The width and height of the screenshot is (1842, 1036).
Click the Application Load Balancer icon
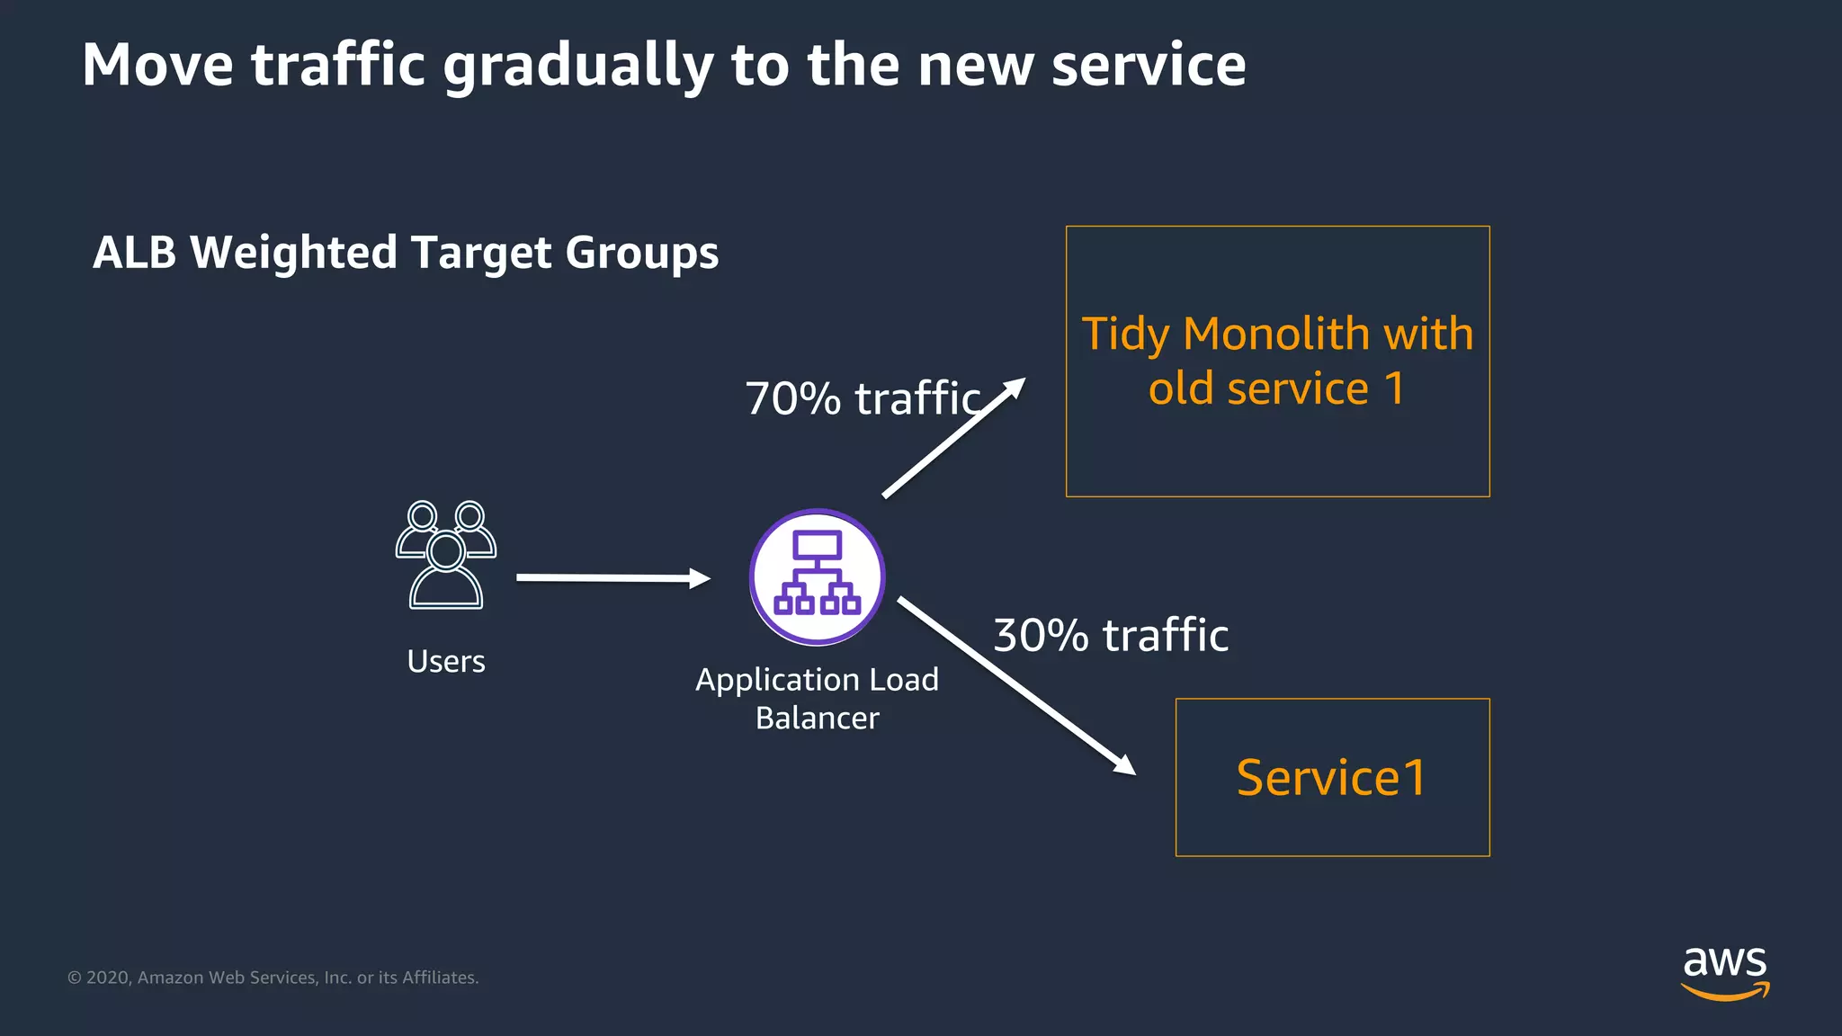point(818,576)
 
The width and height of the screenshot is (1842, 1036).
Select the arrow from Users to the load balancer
point(612,577)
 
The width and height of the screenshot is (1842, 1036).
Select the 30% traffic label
point(1111,635)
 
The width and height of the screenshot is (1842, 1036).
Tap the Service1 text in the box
point(1331,777)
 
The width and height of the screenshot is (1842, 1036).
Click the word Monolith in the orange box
point(1276,334)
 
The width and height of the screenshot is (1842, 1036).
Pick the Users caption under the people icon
point(446,661)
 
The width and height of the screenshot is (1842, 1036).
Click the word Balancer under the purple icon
point(817,718)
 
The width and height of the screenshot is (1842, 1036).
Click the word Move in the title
point(157,66)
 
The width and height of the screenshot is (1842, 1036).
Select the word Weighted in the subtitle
point(294,253)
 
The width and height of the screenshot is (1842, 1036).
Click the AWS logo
point(1725,971)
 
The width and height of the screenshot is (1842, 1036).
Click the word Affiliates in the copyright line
point(440,978)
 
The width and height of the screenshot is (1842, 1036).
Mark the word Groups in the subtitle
point(642,253)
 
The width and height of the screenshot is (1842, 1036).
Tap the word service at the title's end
point(1149,66)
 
